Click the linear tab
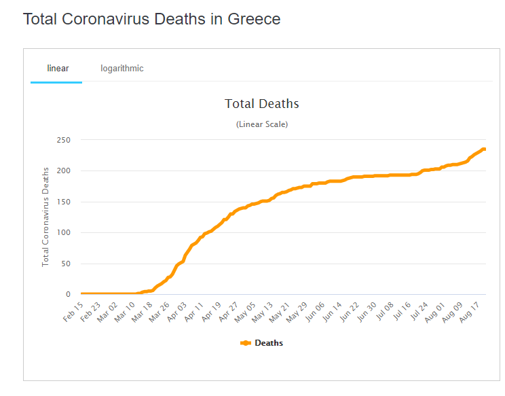tap(58, 68)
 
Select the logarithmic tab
tap(122, 68)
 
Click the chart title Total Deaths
tap(262, 104)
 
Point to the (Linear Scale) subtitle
tap(262, 124)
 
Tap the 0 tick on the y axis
tap(68, 295)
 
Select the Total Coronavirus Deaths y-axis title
tap(46, 217)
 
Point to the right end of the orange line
tap(484, 149)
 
